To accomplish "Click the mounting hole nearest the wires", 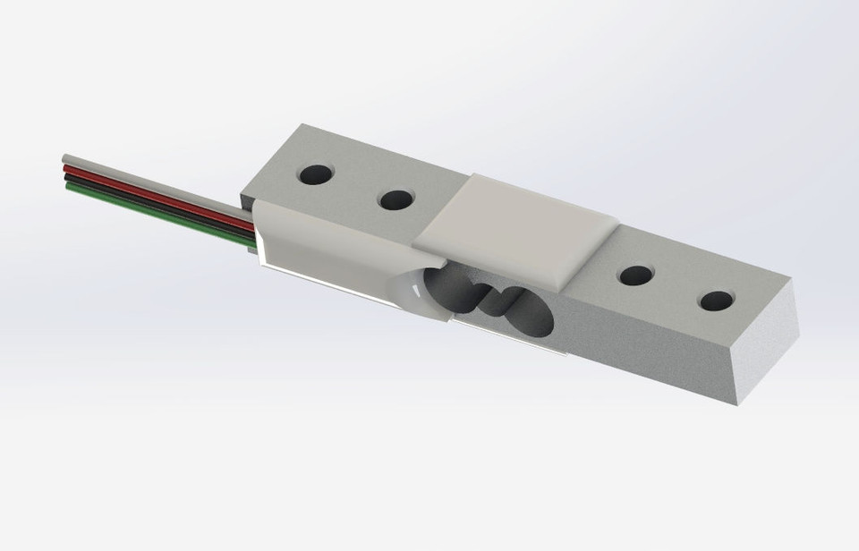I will [314, 174].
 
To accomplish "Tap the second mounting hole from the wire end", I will [395, 199].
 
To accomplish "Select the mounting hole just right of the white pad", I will [635, 275].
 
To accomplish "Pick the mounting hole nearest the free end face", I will [716, 300].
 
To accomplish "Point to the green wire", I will [152, 207].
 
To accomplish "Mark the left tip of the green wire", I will [67, 188].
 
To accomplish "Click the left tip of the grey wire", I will [64, 159].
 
